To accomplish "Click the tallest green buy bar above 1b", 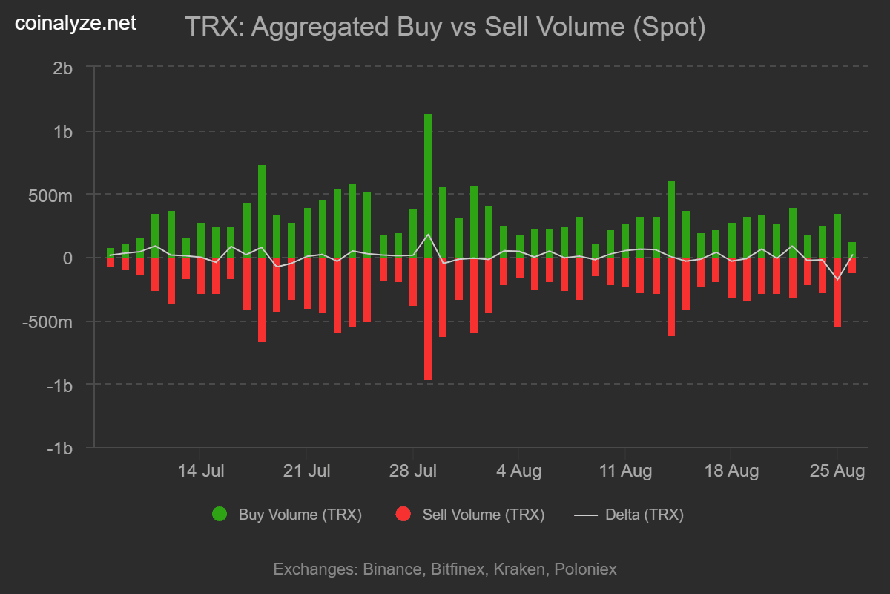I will (x=428, y=186).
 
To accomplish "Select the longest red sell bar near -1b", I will (x=428, y=319).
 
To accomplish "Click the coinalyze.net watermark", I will (x=76, y=23).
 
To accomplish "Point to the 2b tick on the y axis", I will (x=63, y=68).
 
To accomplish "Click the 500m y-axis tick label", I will (x=51, y=195).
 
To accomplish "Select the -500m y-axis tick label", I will (x=48, y=322).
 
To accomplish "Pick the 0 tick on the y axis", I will (x=67, y=258).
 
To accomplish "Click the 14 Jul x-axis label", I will (x=201, y=471).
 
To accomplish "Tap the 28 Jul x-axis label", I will (x=413, y=471).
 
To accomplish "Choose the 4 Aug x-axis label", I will (x=519, y=471).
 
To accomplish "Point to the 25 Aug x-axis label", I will (x=837, y=471).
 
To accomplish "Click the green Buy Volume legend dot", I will (x=220, y=514).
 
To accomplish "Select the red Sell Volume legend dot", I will (x=403, y=514).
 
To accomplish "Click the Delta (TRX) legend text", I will (x=645, y=514).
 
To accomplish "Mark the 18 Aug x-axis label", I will (x=731, y=471).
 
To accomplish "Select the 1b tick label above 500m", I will (x=63, y=131).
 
